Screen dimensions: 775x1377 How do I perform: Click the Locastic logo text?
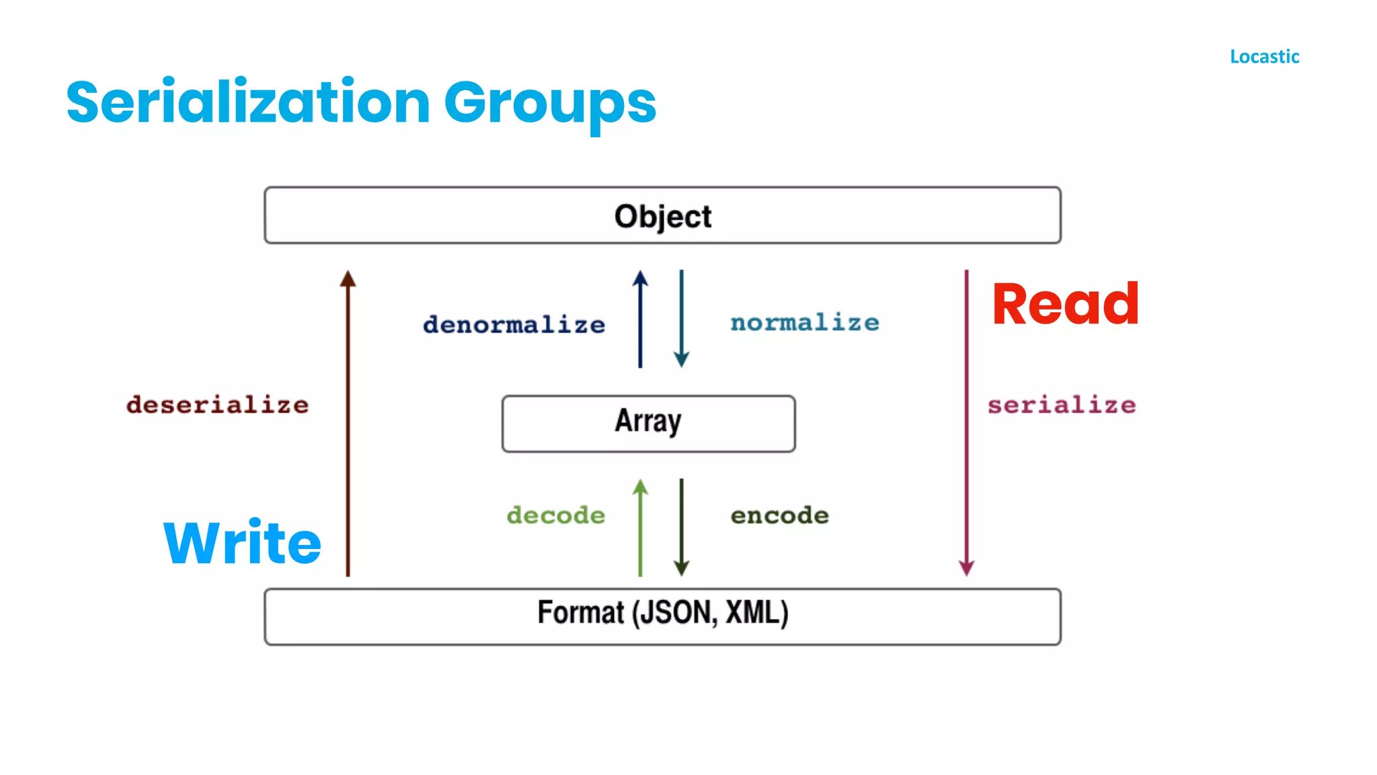1264,57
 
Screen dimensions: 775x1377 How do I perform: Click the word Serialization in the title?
248,102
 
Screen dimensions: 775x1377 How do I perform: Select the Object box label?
662,217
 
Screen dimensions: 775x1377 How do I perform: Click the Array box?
648,423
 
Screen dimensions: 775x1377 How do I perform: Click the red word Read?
1065,304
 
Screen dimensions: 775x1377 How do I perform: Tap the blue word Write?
243,542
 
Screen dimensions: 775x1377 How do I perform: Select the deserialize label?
217,405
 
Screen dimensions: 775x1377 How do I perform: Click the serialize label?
1062,405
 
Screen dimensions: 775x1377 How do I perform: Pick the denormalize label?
514,325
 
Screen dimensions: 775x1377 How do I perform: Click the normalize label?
805,323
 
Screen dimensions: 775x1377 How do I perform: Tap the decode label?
555,515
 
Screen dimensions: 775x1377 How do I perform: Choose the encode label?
779,515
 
